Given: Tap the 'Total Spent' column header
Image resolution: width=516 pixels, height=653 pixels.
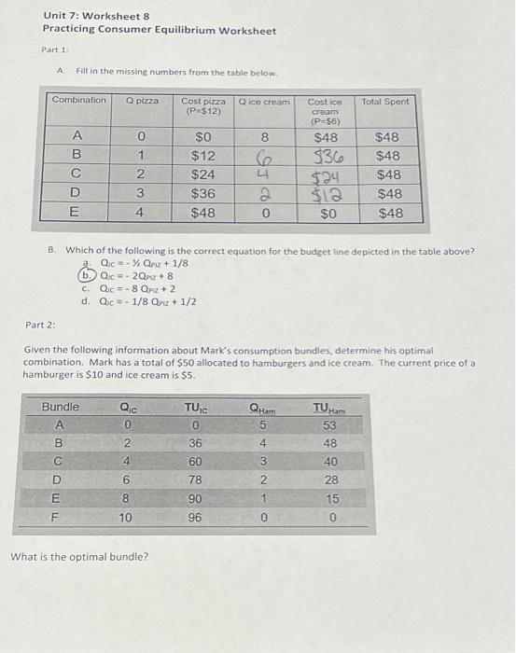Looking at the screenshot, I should (x=386, y=101).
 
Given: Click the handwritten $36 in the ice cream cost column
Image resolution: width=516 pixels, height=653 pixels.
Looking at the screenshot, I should (x=325, y=156).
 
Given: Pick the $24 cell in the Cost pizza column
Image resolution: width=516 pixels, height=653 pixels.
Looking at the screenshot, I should (x=202, y=174).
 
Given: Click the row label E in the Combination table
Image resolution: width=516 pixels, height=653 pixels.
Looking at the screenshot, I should (x=77, y=212).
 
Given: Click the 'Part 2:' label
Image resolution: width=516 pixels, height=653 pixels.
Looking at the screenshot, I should (x=40, y=325).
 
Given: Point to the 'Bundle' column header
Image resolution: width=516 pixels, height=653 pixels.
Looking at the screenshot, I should (x=61, y=408).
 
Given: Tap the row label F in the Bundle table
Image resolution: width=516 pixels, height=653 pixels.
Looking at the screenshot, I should (x=58, y=516).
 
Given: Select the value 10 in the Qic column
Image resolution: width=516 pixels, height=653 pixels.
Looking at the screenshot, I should (x=126, y=516).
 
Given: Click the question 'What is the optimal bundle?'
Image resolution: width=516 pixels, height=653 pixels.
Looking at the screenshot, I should (x=79, y=557).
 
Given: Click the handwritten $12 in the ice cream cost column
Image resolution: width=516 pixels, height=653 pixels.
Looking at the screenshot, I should (x=325, y=193).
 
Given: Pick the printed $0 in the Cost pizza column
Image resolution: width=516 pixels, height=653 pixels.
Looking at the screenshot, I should (x=202, y=137).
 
